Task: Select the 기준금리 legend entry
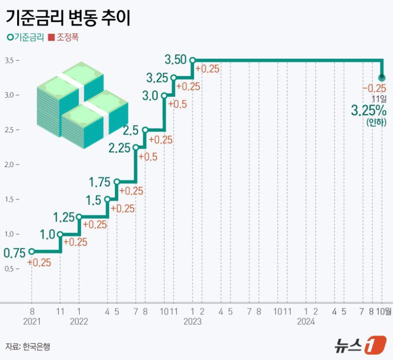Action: (x=25, y=37)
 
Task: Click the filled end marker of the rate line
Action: (x=382, y=78)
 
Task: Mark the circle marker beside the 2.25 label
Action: (x=136, y=148)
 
